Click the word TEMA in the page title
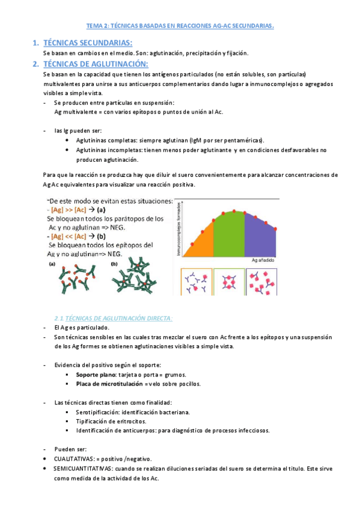(96, 26)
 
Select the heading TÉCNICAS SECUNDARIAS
(88, 42)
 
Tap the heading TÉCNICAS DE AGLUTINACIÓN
(96, 64)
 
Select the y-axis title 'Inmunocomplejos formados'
(178, 228)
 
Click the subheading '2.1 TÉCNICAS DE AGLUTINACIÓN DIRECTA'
(113, 318)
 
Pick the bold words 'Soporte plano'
(95, 374)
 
